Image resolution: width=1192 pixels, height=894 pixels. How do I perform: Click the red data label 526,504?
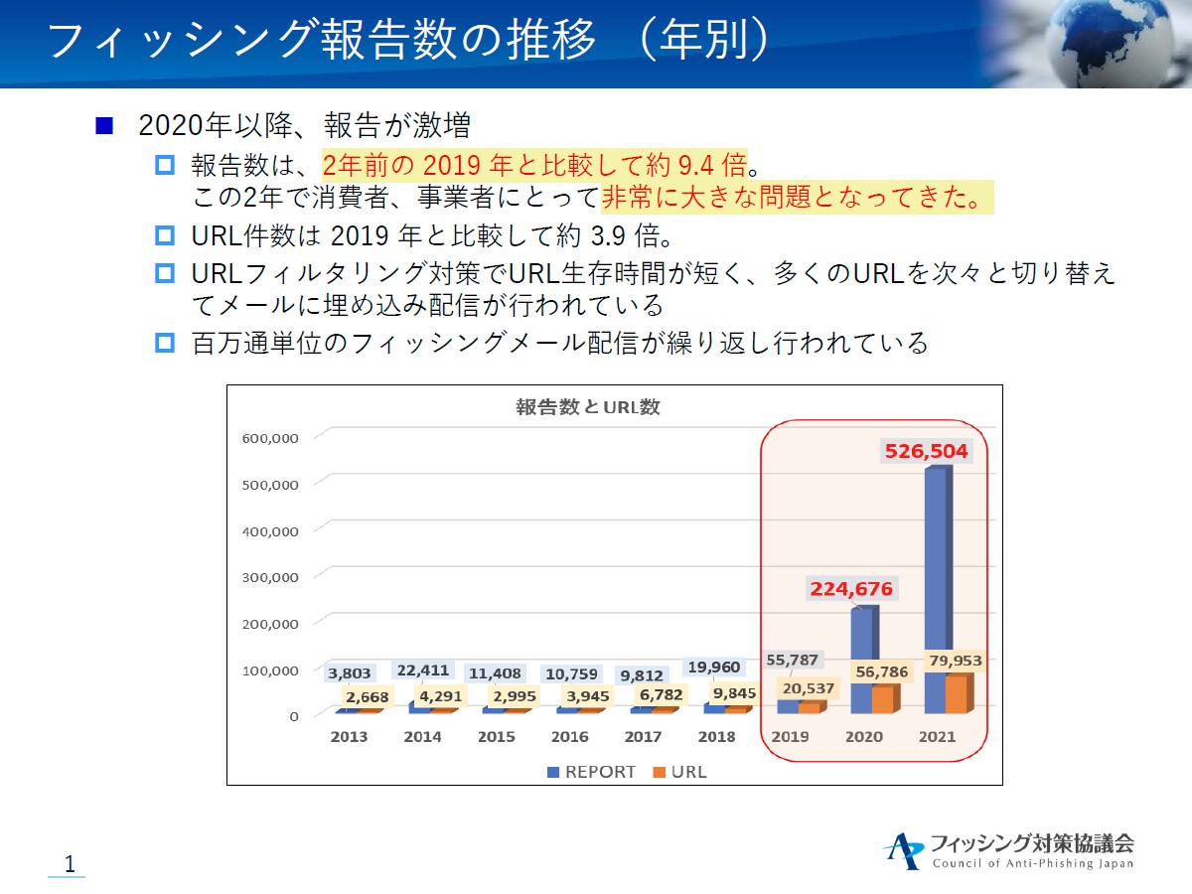(x=926, y=452)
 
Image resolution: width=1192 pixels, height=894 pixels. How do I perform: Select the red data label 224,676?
(x=851, y=589)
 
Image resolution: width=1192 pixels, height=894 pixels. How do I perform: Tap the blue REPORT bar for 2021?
(x=936, y=576)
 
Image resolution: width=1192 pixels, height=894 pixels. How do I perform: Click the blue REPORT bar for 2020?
(x=862, y=646)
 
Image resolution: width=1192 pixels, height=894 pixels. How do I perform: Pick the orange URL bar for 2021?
(x=956, y=695)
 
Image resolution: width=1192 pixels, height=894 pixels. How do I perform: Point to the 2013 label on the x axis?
(x=349, y=737)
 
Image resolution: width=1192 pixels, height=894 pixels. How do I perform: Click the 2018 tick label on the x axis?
(x=716, y=737)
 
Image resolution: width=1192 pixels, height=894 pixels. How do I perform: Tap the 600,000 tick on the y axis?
(x=270, y=437)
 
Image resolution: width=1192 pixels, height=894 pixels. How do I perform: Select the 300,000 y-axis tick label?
(x=270, y=577)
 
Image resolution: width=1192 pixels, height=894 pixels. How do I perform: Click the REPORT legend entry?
(x=592, y=772)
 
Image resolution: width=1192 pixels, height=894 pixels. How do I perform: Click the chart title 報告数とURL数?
(x=588, y=407)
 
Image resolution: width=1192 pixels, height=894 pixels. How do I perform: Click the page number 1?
(x=70, y=864)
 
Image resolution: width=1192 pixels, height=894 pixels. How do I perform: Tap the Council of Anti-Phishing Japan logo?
(x=1008, y=851)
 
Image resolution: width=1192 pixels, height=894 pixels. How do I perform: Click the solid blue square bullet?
(x=104, y=126)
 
